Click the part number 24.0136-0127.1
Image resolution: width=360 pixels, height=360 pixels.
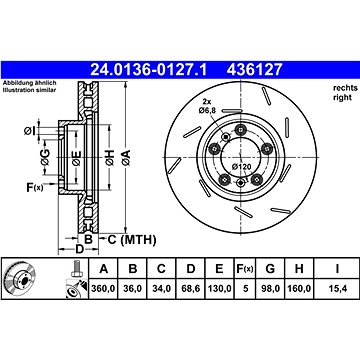(149, 70)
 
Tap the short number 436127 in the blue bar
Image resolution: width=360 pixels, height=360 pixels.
(255, 70)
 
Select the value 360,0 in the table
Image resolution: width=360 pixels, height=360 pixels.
(104, 288)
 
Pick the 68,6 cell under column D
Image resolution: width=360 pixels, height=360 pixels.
(190, 288)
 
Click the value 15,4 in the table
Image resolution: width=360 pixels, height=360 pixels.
(337, 288)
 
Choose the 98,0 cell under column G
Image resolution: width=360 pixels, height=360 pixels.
(270, 288)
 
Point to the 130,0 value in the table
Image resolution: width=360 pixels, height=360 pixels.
(219, 288)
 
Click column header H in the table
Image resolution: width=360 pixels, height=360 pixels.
(299, 269)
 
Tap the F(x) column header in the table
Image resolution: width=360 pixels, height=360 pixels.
(245, 269)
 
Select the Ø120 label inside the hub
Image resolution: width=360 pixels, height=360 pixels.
(241, 167)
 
